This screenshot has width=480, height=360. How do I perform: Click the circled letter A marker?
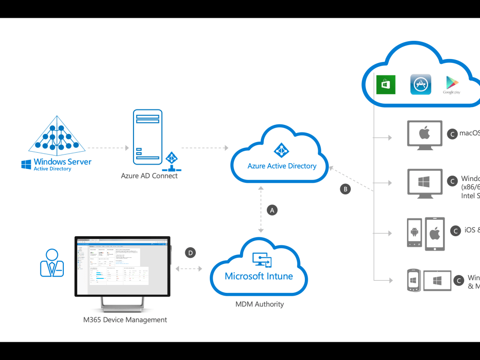[x=272, y=210]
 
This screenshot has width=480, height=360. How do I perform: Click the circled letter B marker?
[x=345, y=189]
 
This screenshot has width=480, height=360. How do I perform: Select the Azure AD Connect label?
[x=149, y=176]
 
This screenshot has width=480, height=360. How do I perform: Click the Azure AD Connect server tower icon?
[x=147, y=135]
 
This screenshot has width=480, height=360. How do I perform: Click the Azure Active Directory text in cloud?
[x=282, y=166]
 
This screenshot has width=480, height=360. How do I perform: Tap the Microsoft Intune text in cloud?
[x=259, y=276]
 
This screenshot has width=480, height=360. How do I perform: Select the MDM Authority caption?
[x=259, y=304]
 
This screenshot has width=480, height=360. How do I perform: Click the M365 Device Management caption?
[x=125, y=319]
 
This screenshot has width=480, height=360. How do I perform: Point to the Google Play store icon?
[x=451, y=84]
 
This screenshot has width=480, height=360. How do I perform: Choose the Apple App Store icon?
[x=420, y=84]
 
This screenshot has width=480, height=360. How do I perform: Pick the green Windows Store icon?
[x=386, y=85]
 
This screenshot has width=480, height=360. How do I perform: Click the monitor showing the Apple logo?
[x=424, y=134]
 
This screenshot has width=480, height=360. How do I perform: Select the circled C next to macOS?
[x=452, y=134]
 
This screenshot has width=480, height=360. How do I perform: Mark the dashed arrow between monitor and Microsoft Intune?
[x=190, y=269]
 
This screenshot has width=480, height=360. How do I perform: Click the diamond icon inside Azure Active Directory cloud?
[x=281, y=150]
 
